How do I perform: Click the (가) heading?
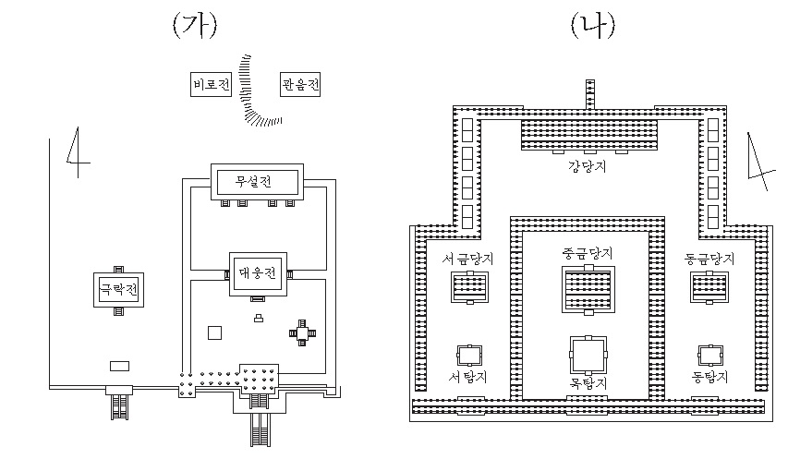click(194, 25)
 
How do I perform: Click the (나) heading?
click(588, 25)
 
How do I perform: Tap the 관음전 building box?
click(300, 86)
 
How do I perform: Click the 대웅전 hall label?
click(258, 273)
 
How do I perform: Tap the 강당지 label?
click(588, 167)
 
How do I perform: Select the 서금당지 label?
click(468, 259)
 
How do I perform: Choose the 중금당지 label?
click(588, 252)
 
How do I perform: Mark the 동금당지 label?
click(709, 259)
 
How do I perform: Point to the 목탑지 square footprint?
click(588, 354)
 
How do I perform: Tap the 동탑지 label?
click(709, 377)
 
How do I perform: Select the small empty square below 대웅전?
click(215, 332)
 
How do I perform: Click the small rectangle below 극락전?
click(118, 365)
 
